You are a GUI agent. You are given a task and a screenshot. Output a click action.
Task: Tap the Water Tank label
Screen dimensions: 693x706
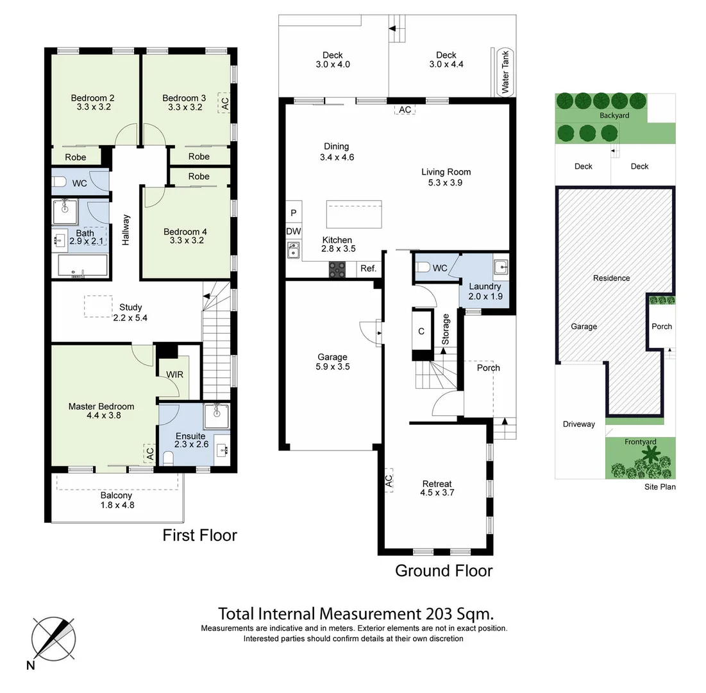coord(505,73)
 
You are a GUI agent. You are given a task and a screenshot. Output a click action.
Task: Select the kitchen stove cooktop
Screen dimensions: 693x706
coord(337,269)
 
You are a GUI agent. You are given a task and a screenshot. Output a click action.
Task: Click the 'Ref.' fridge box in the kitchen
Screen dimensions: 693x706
coord(368,269)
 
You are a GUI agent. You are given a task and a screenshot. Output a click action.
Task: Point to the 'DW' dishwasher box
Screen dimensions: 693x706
coord(294,232)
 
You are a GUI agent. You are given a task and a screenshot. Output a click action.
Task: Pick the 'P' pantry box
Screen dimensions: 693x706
coord(294,213)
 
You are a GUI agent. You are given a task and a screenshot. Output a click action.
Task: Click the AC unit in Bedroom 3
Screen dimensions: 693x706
coord(224,101)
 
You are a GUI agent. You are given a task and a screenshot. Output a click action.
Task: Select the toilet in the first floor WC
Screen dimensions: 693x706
coord(59,184)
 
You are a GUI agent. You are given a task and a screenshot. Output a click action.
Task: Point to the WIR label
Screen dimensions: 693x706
coord(175,374)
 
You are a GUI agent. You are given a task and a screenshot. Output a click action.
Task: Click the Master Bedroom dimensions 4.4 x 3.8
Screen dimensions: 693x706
coord(101,415)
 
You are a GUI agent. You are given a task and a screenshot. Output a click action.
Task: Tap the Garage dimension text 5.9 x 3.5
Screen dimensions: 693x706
coord(332,367)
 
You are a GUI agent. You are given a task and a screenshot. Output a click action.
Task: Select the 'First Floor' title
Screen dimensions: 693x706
coord(199,535)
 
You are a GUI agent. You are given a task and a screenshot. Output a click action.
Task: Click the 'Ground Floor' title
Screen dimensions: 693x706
coord(443,570)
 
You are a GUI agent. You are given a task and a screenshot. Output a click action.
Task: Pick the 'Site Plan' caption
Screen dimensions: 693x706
coord(660,487)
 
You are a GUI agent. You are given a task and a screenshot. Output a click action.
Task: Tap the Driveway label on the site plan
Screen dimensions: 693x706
coord(578,424)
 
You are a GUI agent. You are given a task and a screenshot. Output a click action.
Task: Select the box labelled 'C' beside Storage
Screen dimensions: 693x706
coord(421,332)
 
